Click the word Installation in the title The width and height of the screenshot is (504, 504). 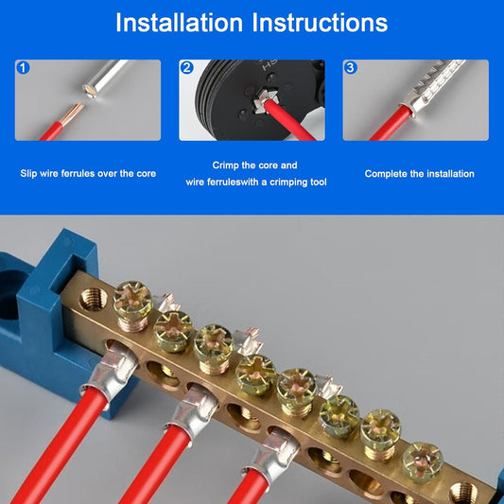point(179,23)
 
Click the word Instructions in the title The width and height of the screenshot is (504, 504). point(321,23)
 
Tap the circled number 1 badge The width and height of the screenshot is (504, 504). point(23,68)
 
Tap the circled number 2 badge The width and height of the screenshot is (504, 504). point(186,68)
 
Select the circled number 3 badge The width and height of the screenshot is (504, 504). point(351,68)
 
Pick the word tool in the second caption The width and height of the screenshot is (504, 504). point(319,182)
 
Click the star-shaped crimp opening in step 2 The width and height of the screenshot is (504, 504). point(263,101)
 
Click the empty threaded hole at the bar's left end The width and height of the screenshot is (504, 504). point(94,299)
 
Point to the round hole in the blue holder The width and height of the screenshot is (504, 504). point(7,299)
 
